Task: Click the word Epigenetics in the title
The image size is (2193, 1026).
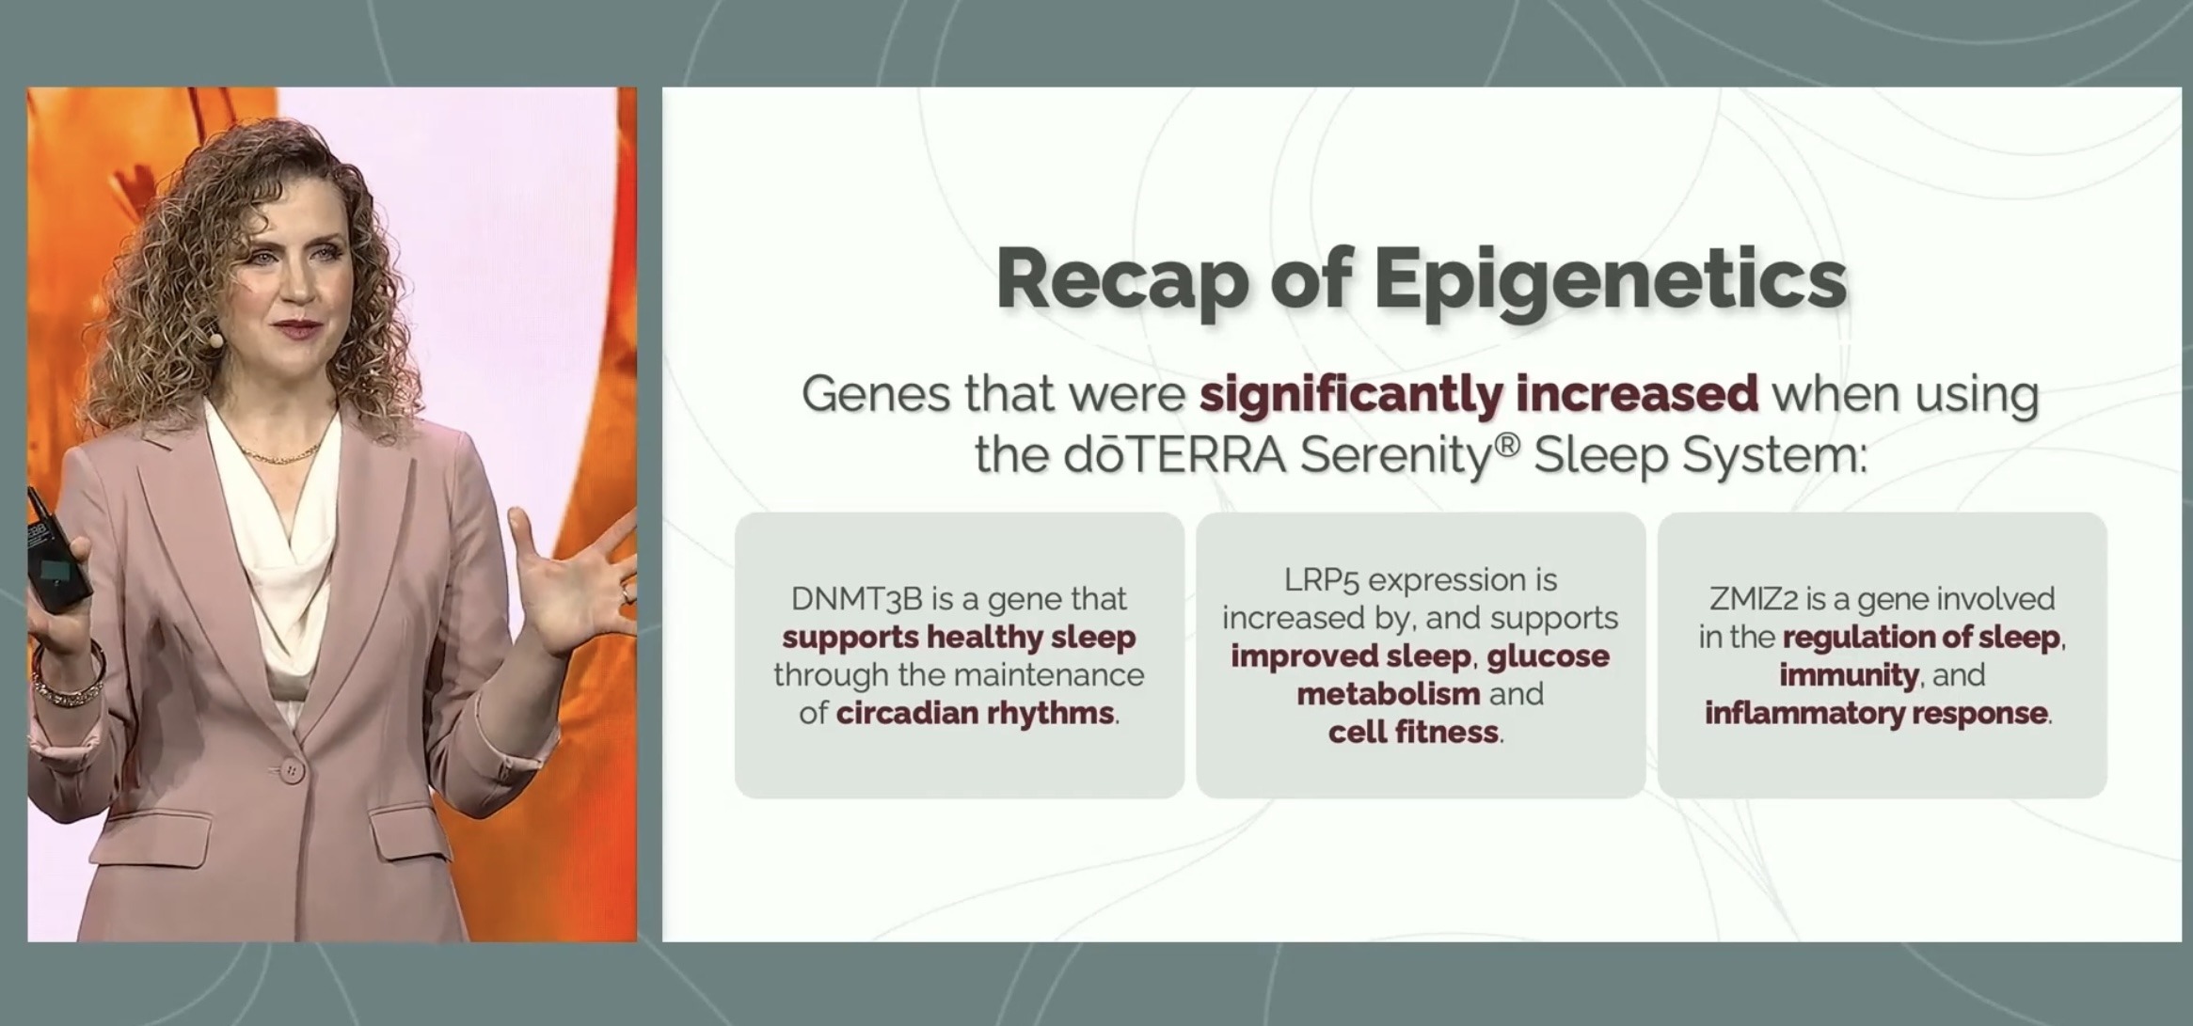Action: (x=1610, y=279)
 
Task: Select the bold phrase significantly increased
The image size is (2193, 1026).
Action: (x=1478, y=394)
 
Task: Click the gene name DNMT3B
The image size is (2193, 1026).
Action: (x=856, y=599)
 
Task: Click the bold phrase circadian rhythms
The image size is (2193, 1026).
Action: (x=975, y=713)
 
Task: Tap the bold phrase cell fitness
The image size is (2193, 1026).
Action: (x=1413, y=732)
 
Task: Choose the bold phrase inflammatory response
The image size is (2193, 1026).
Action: (x=1876, y=713)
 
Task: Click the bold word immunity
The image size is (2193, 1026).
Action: (x=1849, y=675)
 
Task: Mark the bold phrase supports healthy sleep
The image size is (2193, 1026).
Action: (x=959, y=637)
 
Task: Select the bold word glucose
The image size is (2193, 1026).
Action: (x=1548, y=655)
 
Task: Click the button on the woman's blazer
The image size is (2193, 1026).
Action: (x=292, y=771)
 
